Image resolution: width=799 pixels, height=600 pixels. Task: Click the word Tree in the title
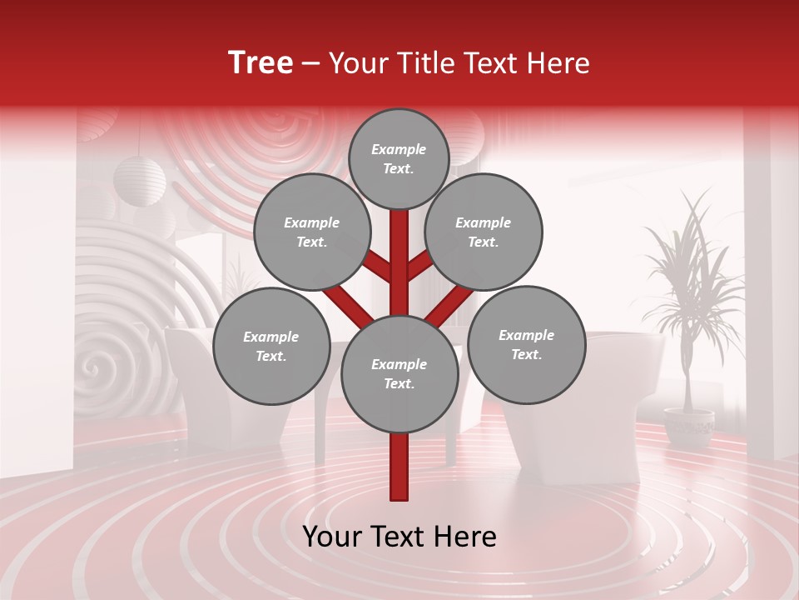(261, 62)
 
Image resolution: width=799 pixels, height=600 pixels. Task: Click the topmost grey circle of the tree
(399, 158)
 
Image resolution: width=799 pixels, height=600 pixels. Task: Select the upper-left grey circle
(311, 232)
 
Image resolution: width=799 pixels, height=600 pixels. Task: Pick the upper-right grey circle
(484, 232)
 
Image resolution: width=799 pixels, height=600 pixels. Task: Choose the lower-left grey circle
(271, 346)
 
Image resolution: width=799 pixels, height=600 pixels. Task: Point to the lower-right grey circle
(526, 344)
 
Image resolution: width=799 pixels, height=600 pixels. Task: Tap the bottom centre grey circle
(399, 373)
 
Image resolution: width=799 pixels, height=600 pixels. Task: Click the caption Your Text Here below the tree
(399, 537)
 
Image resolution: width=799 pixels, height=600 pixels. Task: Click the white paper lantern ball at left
(140, 180)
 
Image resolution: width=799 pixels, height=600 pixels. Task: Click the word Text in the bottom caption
(400, 537)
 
